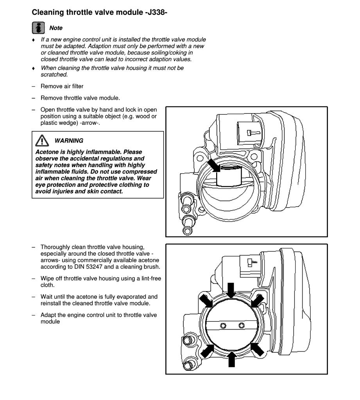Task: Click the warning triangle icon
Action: [41, 141]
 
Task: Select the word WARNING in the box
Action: [69, 141]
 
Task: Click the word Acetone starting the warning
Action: [47, 152]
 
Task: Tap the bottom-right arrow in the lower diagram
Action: [257, 349]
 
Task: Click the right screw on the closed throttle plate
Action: [242, 325]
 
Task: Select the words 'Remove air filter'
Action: [62, 86]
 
